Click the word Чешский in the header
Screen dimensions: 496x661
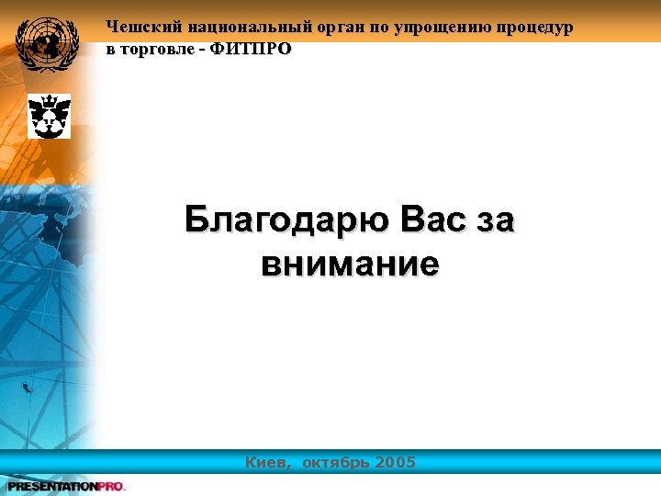(x=139, y=28)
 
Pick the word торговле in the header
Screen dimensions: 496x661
(x=157, y=49)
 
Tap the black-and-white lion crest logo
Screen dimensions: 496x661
(x=49, y=116)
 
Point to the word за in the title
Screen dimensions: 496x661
(x=497, y=222)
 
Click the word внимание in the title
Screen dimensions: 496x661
(x=350, y=265)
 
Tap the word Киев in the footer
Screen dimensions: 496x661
(x=268, y=462)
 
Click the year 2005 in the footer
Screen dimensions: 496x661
(x=397, y=462)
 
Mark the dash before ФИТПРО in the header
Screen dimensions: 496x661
(x=203, y=49)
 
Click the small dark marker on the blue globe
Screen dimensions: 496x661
(x=27, y=388)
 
